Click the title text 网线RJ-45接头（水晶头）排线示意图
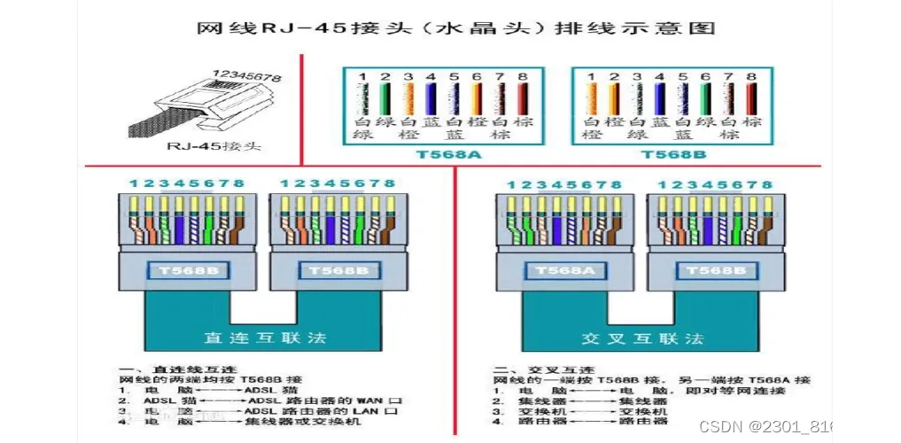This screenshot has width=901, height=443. [x=455, y=27]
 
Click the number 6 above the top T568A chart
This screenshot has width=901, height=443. [x=477, y=77]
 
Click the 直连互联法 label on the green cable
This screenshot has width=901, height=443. [x=265, y=338]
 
